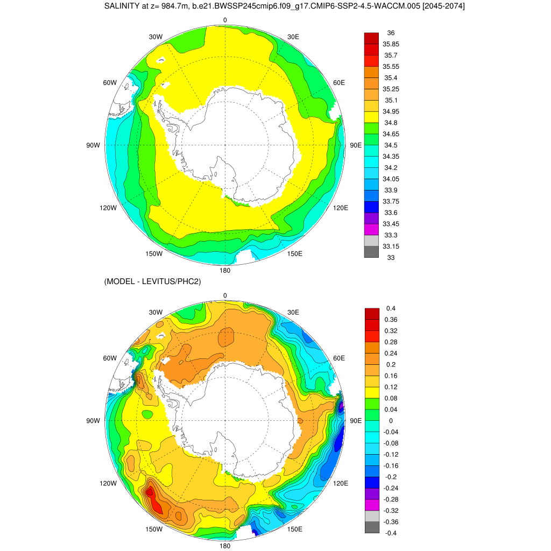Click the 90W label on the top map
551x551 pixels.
pyautogui.click(x=94, y=145)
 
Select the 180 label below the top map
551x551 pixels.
pyautogui.click(x=225, y=270)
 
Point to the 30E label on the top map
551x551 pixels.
pyautogui.click(x=293, y=37)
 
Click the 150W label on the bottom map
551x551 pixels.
pyautogui.click(x=154, y=529)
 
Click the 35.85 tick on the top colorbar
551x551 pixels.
pyautogui.click(x=391, y=44)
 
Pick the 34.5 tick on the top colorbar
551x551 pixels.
pyautogui.click(x=391, y=145)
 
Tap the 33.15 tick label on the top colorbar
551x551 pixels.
pyautogui.click(x=391, y=246)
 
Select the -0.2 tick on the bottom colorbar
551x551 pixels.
pyautogui.click(x=391, y=477)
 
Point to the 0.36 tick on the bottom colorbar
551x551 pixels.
pyautogui.click(x=391, y=320)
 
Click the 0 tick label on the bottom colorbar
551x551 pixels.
pyautogui.click(x=391, y=421)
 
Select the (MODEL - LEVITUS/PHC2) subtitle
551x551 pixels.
pyautogui.click(x=152, y=282)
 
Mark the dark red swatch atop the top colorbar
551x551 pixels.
pyautogui.click(x=371, y=38)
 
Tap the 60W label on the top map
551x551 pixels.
pyautogui.click(x=110, y=82)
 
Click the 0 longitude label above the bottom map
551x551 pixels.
pyautogui.click(x=225, y=295)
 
